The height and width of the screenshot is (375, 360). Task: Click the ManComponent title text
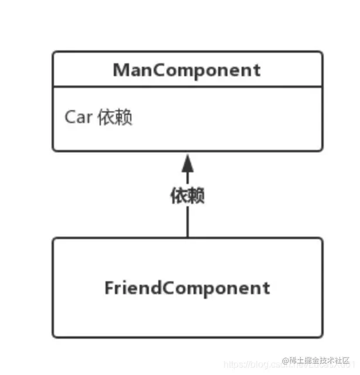(x=187, y=70)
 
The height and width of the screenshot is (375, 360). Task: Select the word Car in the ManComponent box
(x=78, y=117)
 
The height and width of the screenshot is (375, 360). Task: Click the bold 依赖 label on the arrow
(x=187, y=196)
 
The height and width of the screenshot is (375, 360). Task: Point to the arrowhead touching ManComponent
(x=187, y=161)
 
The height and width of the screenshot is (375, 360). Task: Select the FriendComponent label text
(x=187, y=288)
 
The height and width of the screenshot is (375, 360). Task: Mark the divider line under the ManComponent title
(x=187, y=87)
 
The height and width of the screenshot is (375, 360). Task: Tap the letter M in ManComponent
(x=121, y=70)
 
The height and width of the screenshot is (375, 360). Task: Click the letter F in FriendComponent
(x=109, y=288)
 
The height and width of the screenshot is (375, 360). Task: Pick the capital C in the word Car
(x=70, y=117)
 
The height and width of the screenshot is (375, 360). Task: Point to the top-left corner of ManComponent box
(x=53, y=52)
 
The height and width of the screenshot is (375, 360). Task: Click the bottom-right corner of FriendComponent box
(x=321, y=336)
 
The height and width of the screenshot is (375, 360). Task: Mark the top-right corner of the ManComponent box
(x=321, y=52)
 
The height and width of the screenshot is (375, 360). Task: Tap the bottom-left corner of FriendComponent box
(x=53, y=336)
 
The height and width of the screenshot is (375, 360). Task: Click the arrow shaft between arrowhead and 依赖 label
(x=187, y=177)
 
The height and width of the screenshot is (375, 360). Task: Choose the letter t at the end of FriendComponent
(x=267, y=288)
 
